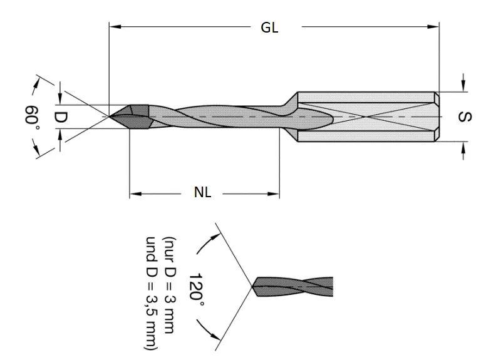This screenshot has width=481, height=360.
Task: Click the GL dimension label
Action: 269,28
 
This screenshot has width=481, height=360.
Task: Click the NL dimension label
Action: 202,193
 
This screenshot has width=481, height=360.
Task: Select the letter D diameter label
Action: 60,116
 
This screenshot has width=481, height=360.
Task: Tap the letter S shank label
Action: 464,117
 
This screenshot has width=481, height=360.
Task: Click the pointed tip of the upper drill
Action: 111,116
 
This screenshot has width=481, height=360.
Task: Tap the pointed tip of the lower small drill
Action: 252,288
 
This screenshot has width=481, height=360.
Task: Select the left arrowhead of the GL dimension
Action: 113,26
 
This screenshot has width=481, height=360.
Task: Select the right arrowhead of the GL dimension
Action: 434,26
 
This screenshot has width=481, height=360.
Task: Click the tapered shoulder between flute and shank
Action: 289,116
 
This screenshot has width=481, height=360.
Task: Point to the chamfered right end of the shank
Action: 437,116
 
